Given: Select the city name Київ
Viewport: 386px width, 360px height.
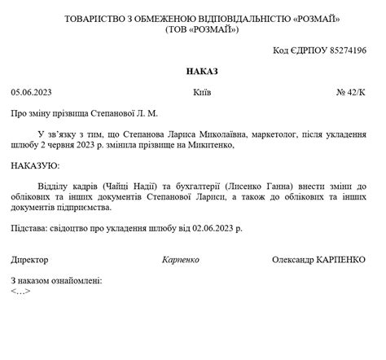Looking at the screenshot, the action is pos(202,93).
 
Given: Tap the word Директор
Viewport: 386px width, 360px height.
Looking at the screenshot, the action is pos(30,260).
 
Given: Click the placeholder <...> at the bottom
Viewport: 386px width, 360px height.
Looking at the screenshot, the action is pos(21,291).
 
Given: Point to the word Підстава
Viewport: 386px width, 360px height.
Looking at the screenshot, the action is pos(29,230).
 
